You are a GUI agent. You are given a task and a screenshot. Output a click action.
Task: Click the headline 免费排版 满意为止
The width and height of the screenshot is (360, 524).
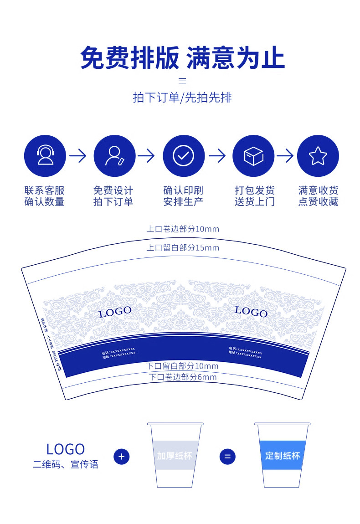click(x=182, y=58)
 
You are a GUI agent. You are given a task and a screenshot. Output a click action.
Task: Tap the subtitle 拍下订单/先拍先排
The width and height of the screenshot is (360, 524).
click(x=182, y=98)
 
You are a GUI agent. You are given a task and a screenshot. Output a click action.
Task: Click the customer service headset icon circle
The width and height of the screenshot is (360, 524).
click(x=45, y=156)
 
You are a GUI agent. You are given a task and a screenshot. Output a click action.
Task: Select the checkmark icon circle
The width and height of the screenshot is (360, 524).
click(x=184, y=156)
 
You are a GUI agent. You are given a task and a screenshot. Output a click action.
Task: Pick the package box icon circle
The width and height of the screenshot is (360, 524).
click(x=253, y=156)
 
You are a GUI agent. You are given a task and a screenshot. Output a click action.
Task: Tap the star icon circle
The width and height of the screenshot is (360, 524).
click(x=318, y=156)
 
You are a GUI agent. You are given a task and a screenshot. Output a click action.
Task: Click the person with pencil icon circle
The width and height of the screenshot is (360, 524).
click(x=114, y=156)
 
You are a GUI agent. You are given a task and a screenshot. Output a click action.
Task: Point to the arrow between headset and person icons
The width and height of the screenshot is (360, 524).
click(x=78, y=156)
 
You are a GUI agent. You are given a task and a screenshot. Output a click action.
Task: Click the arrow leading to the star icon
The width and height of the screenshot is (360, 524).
click(x=285, y=156)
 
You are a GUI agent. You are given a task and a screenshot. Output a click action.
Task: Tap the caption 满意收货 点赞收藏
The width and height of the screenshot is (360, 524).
click(x=318, y=196)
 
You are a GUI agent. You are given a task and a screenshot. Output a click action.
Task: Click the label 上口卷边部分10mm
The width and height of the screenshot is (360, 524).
click(x=182, y=229)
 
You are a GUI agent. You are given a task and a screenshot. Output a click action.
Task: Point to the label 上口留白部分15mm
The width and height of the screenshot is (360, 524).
click(x=182, y=247)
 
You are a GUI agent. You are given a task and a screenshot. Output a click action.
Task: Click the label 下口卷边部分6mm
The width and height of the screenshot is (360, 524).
click(x=182, y=377)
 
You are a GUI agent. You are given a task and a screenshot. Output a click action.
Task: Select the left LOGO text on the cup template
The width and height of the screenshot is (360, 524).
click(x=115, y=312)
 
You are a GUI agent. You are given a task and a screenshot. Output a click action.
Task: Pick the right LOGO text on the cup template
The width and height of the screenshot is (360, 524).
click(x=251, y=312)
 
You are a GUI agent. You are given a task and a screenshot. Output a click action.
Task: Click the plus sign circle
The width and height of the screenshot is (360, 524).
click(x=122, y=456)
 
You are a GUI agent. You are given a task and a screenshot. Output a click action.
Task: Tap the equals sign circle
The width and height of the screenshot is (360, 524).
click(x=227, y=456)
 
